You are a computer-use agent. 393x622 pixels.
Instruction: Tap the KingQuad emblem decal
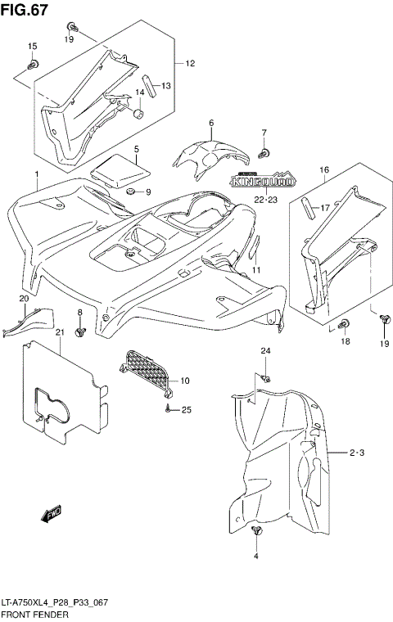[255, 180]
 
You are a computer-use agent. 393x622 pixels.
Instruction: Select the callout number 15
[33, 47]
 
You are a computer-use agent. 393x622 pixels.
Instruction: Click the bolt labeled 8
[80, 331]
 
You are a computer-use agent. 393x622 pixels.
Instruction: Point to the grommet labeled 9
[129, 192]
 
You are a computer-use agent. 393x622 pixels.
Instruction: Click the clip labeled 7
[264, 152]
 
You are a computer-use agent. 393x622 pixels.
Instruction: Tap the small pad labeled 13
[148, 82]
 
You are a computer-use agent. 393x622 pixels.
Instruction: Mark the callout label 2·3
[356, 452]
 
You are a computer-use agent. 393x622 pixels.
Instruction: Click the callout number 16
[323, 169]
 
